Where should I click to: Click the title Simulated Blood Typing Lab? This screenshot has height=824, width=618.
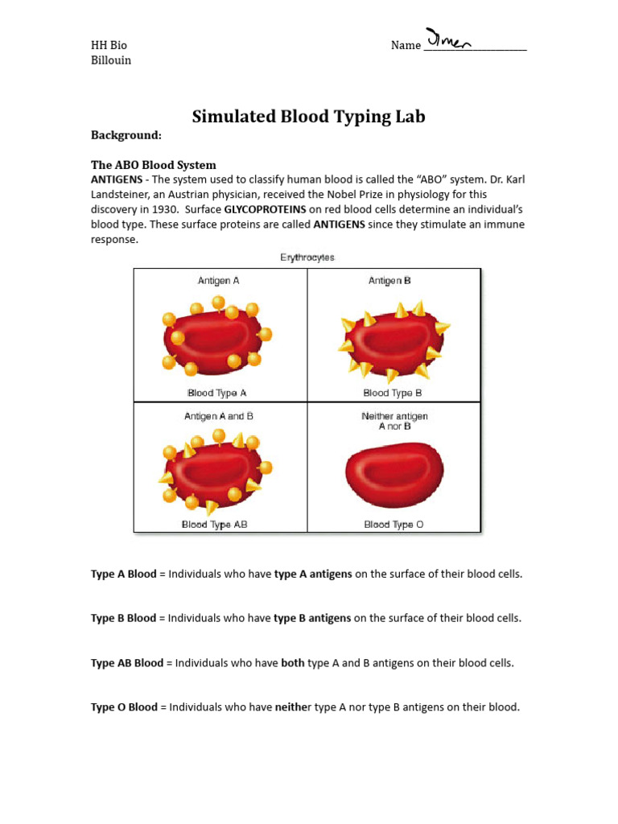point(308,117)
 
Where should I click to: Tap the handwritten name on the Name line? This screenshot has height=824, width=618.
point(449,40)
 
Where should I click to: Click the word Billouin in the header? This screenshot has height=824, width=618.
point(111,60)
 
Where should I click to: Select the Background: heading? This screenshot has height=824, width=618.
point(126,135)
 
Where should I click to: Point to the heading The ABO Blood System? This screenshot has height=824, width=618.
point(154,165)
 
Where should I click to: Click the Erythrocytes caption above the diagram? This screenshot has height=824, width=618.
point(307,257)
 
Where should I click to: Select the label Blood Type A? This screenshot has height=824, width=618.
point(217,393)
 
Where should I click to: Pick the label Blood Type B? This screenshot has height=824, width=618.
point(393,393)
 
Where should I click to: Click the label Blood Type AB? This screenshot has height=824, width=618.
point(215,525)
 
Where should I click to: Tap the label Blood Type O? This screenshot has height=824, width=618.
point(393,525)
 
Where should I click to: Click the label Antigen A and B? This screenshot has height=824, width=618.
point(219,416)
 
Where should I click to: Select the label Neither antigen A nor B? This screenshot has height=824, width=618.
point(394,421)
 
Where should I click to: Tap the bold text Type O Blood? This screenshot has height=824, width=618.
point(124,707)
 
